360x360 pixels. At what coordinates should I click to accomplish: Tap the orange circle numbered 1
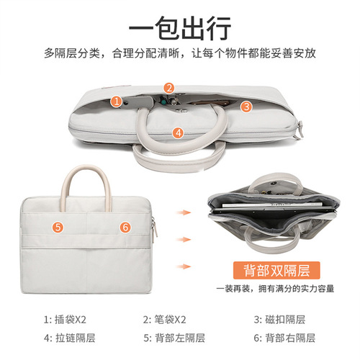pos(116,102)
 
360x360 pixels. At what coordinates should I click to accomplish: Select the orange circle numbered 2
pos(168,88)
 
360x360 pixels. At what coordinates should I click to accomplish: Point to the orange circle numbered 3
pos(246,106)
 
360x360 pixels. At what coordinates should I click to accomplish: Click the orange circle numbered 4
pos(177,132)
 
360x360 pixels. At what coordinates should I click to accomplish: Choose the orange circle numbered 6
pos(125,226)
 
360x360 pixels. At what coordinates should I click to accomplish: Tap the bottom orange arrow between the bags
pos(185,265)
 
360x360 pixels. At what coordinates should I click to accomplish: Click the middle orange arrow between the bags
pos(185,238)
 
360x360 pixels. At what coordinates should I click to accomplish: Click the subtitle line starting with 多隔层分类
pos(180,53)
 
